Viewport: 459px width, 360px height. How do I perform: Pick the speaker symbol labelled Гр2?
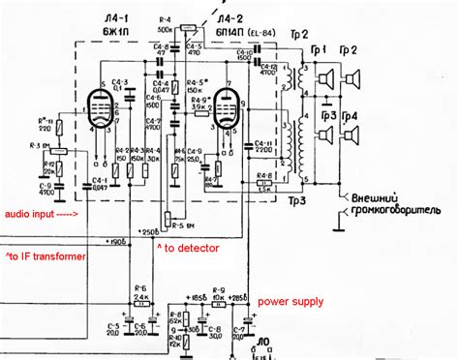point(354,78)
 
